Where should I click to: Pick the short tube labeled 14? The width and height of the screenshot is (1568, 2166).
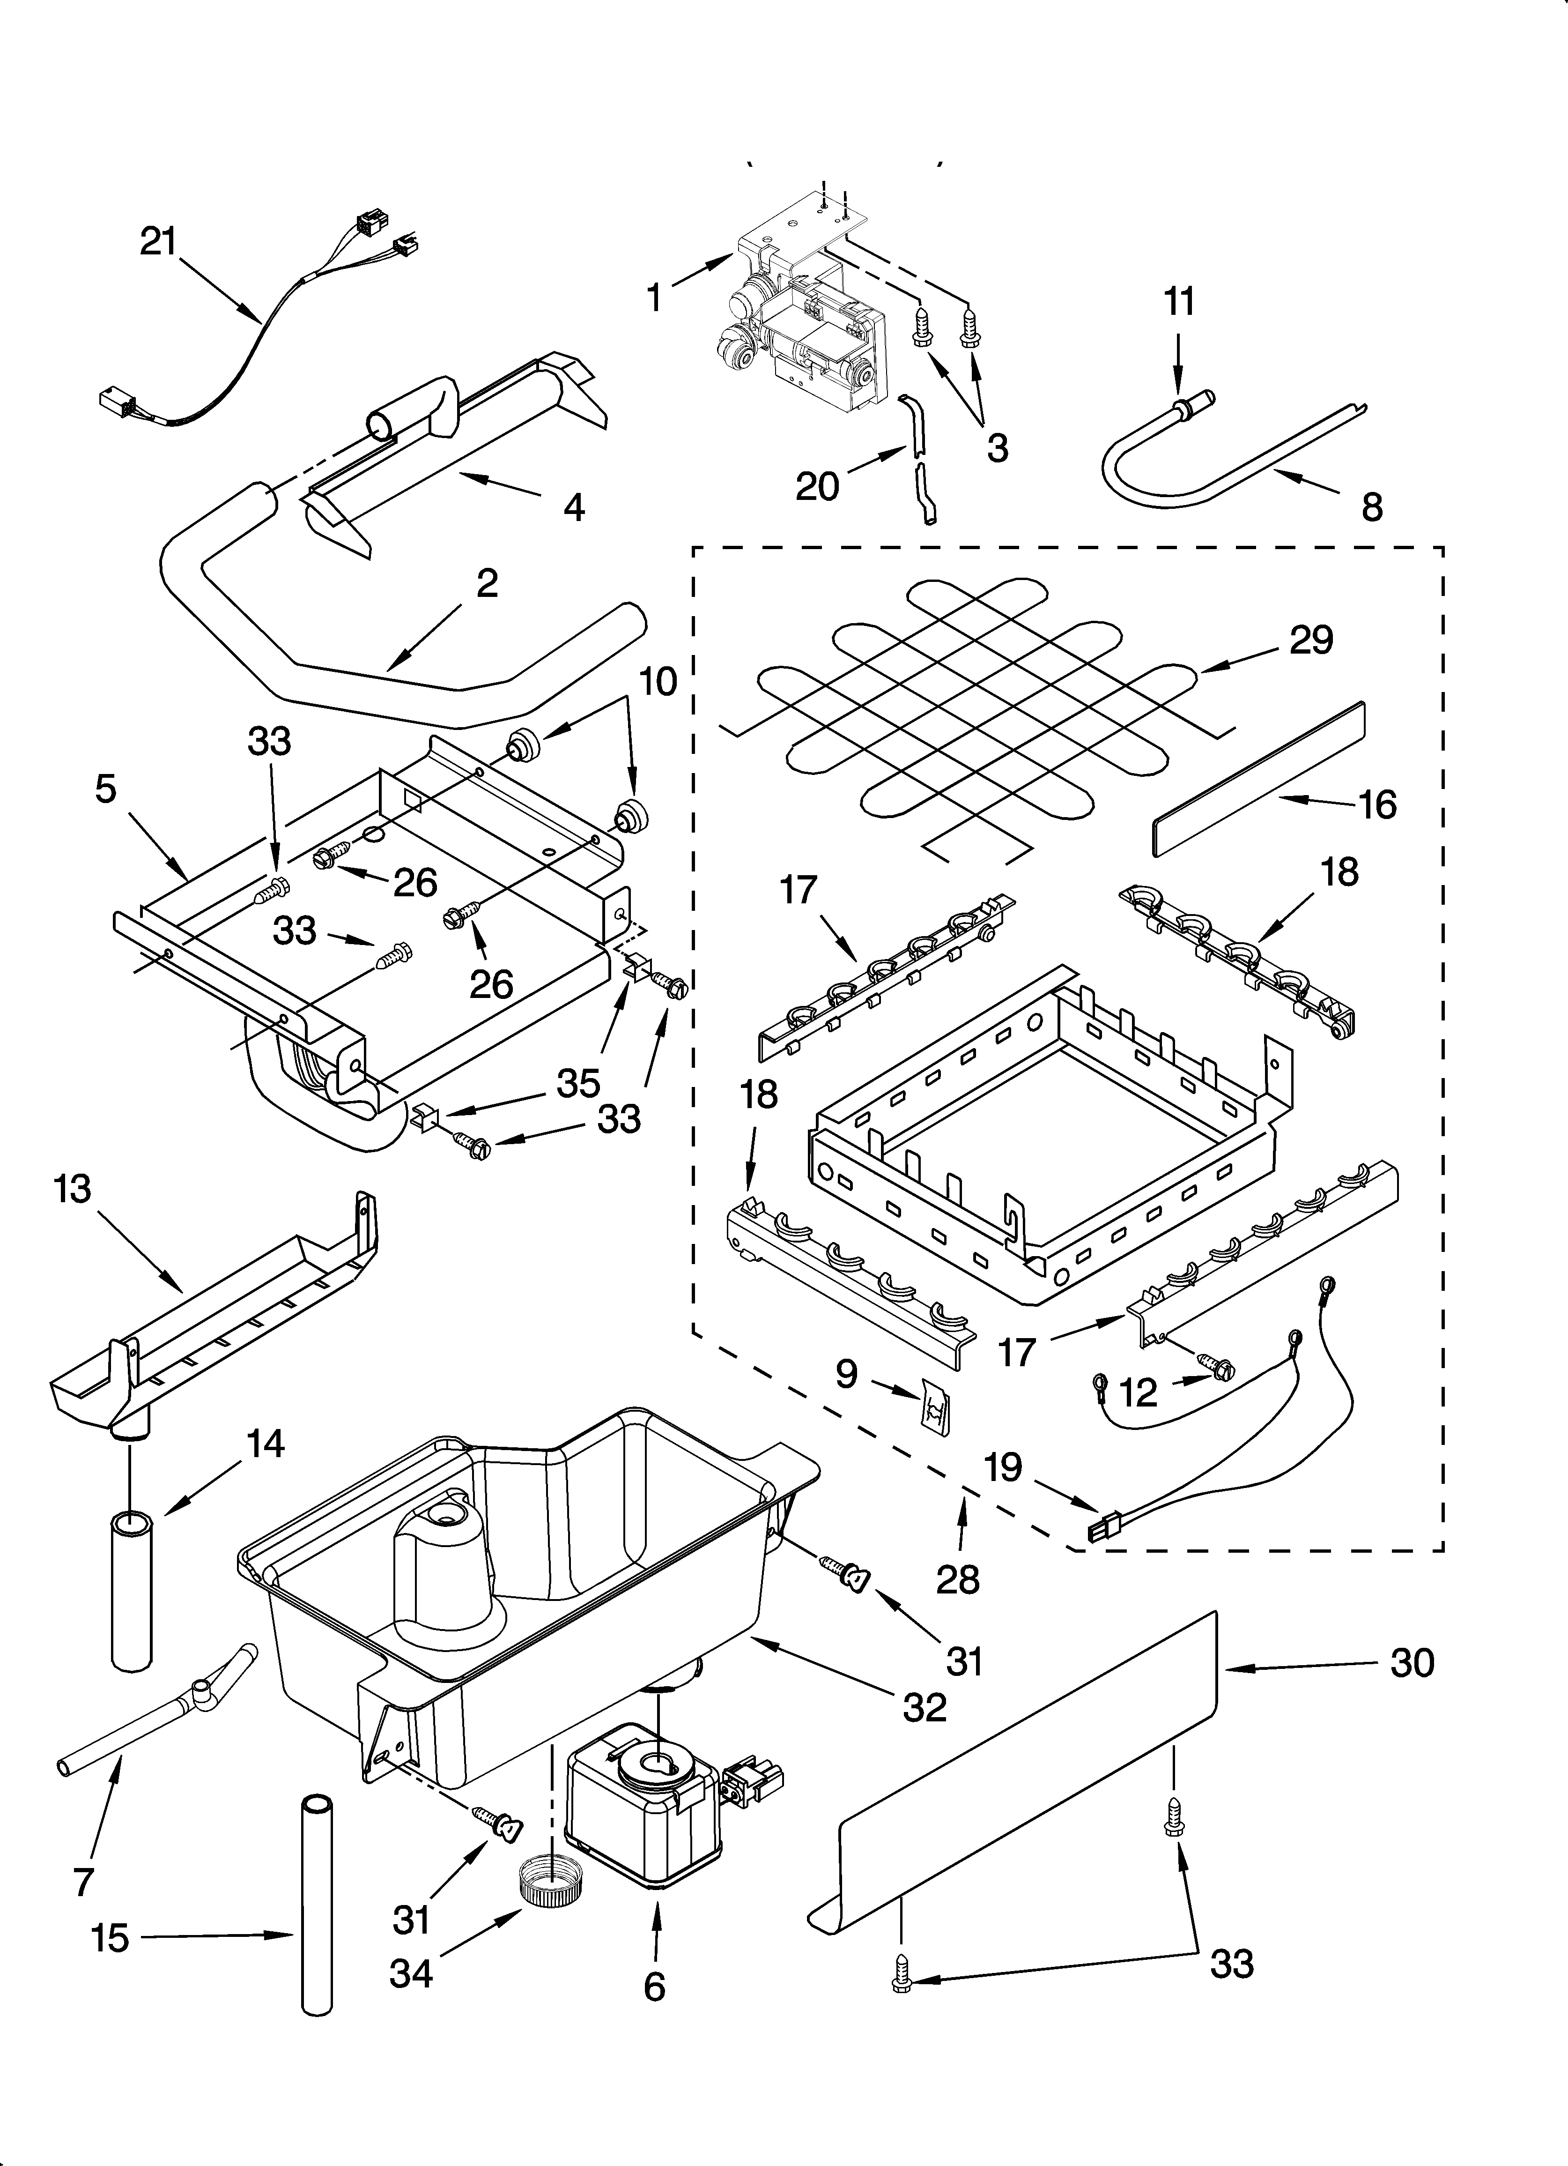[x=131, y=1590]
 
